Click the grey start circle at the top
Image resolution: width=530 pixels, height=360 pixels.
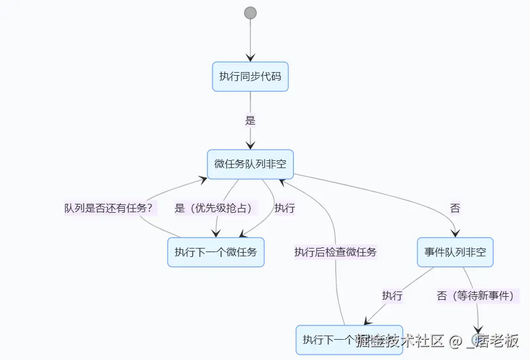250,13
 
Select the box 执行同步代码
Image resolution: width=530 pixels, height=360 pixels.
250,76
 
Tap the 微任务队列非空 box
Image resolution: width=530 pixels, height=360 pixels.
250,164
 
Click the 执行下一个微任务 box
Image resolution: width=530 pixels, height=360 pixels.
216,252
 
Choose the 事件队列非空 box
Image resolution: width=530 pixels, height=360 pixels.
455,252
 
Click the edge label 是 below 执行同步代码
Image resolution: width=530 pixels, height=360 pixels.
250,120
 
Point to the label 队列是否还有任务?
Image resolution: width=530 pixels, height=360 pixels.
109,209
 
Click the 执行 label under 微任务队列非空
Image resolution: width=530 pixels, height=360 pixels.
284,209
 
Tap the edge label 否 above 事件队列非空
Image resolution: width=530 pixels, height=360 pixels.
455,209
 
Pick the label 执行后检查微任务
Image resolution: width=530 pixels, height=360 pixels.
336,252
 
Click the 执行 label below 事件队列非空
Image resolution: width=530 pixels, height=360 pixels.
392,296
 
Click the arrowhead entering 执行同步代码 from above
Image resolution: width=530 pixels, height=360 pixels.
250,58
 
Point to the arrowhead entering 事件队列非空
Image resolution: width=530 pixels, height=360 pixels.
456,234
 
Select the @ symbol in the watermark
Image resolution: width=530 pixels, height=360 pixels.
456,342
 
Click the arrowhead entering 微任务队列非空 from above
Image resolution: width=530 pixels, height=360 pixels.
250,145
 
